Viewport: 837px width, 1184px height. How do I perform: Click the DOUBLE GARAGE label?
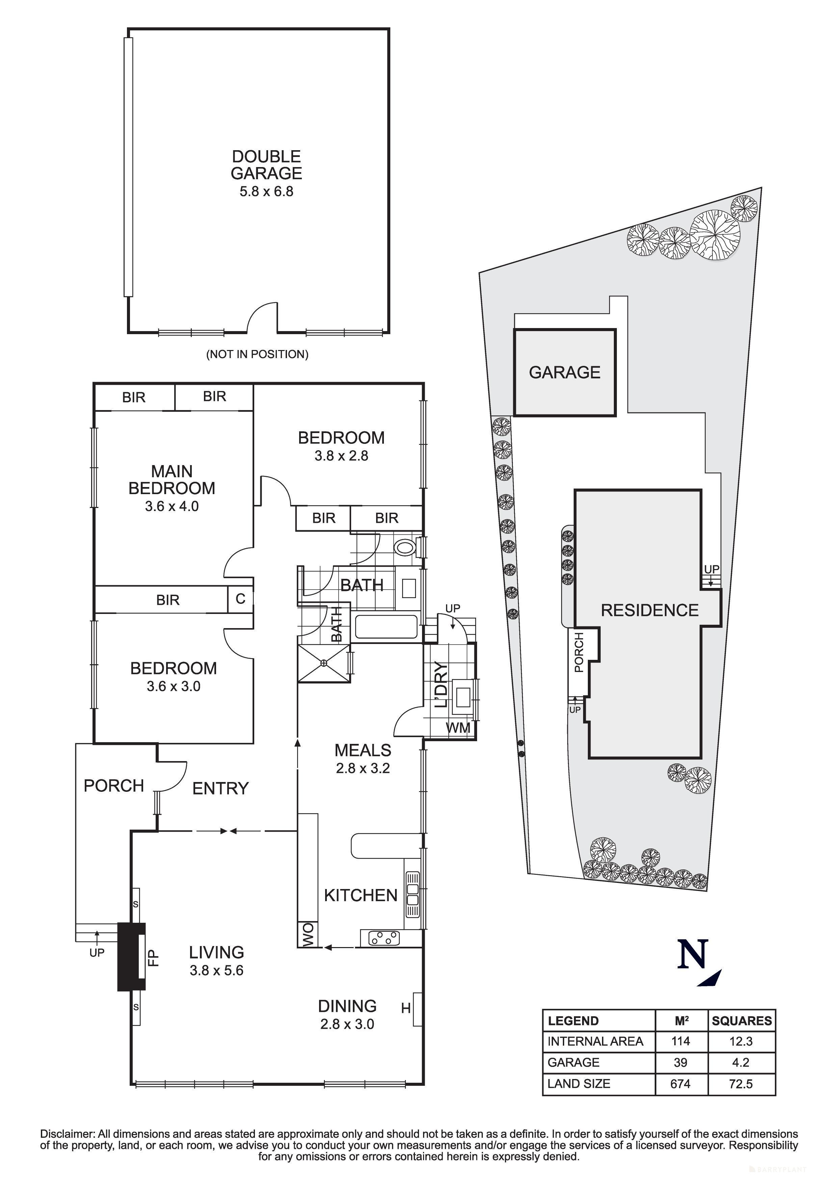(266, 165)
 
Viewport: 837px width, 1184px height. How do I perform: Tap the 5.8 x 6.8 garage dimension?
(266, 192)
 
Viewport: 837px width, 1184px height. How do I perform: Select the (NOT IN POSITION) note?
(257, 354)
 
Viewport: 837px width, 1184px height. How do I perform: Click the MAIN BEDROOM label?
(172, 480)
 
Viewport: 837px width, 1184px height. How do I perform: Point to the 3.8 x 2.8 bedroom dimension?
(341, 456)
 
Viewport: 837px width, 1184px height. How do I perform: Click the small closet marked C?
(240, 599)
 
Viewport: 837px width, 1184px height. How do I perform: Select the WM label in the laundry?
(458, 728)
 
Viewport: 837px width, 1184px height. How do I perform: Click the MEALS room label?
(363, 750)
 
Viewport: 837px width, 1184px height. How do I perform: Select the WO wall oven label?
(308, 935)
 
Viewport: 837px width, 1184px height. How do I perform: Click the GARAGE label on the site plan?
(565, 372)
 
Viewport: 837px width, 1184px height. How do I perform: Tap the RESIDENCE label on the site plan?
(649, 611)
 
